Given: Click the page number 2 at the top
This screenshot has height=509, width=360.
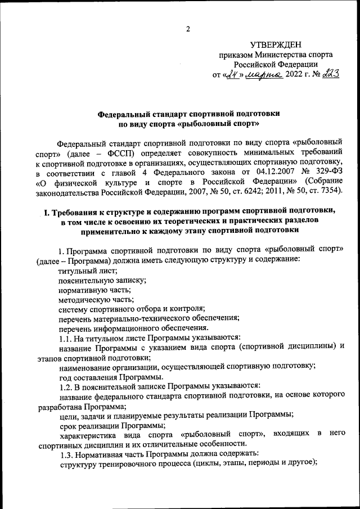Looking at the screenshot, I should pyautogui.click(x=189, y=28).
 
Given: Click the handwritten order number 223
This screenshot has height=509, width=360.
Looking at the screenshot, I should pyautogui.click(x=328, y=74).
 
